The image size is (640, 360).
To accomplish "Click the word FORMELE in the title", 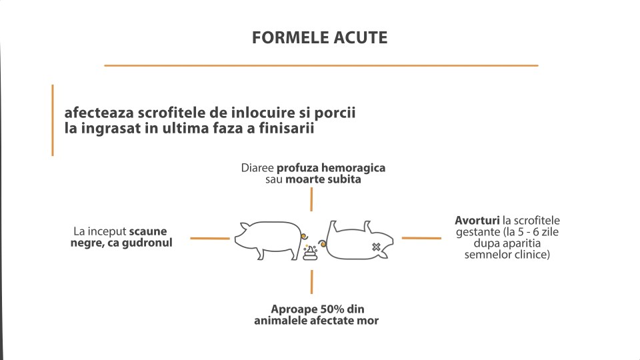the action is click(x=290, y=37).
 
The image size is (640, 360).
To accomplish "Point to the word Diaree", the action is click(x=257, y=168).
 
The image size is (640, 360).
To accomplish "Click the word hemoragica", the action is click(x=353, y=168).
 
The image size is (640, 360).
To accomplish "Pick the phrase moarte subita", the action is click(x=323, y=179).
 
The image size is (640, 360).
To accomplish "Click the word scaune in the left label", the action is click(x=148, y=231).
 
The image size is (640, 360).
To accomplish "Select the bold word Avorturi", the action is click(x=477, y=221).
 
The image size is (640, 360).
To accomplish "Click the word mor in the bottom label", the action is click(x=368, y=321).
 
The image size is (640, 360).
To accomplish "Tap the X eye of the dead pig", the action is click(x=376, y=247).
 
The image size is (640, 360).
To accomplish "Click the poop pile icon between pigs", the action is click(x=310, y=253).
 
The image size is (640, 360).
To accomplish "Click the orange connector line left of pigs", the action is click(x=210, y=239).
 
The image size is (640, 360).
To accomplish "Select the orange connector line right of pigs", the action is click(x=421, y=238).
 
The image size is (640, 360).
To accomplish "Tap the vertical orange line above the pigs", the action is click(x=311, y=199).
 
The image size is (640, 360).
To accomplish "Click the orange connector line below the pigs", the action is click(x=311, y=281).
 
